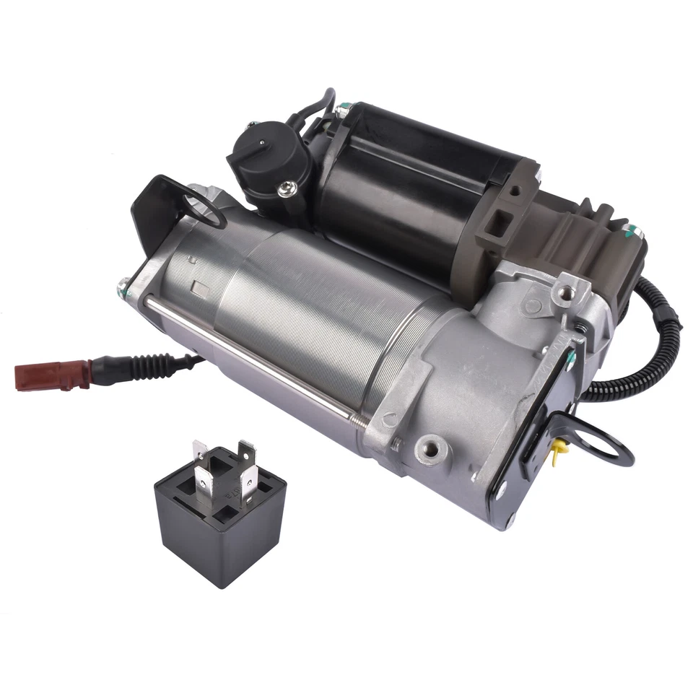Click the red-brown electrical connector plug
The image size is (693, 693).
click(38, 375)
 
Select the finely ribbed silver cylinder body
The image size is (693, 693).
click(303, 318)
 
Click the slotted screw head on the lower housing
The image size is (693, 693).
click(391, 417)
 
